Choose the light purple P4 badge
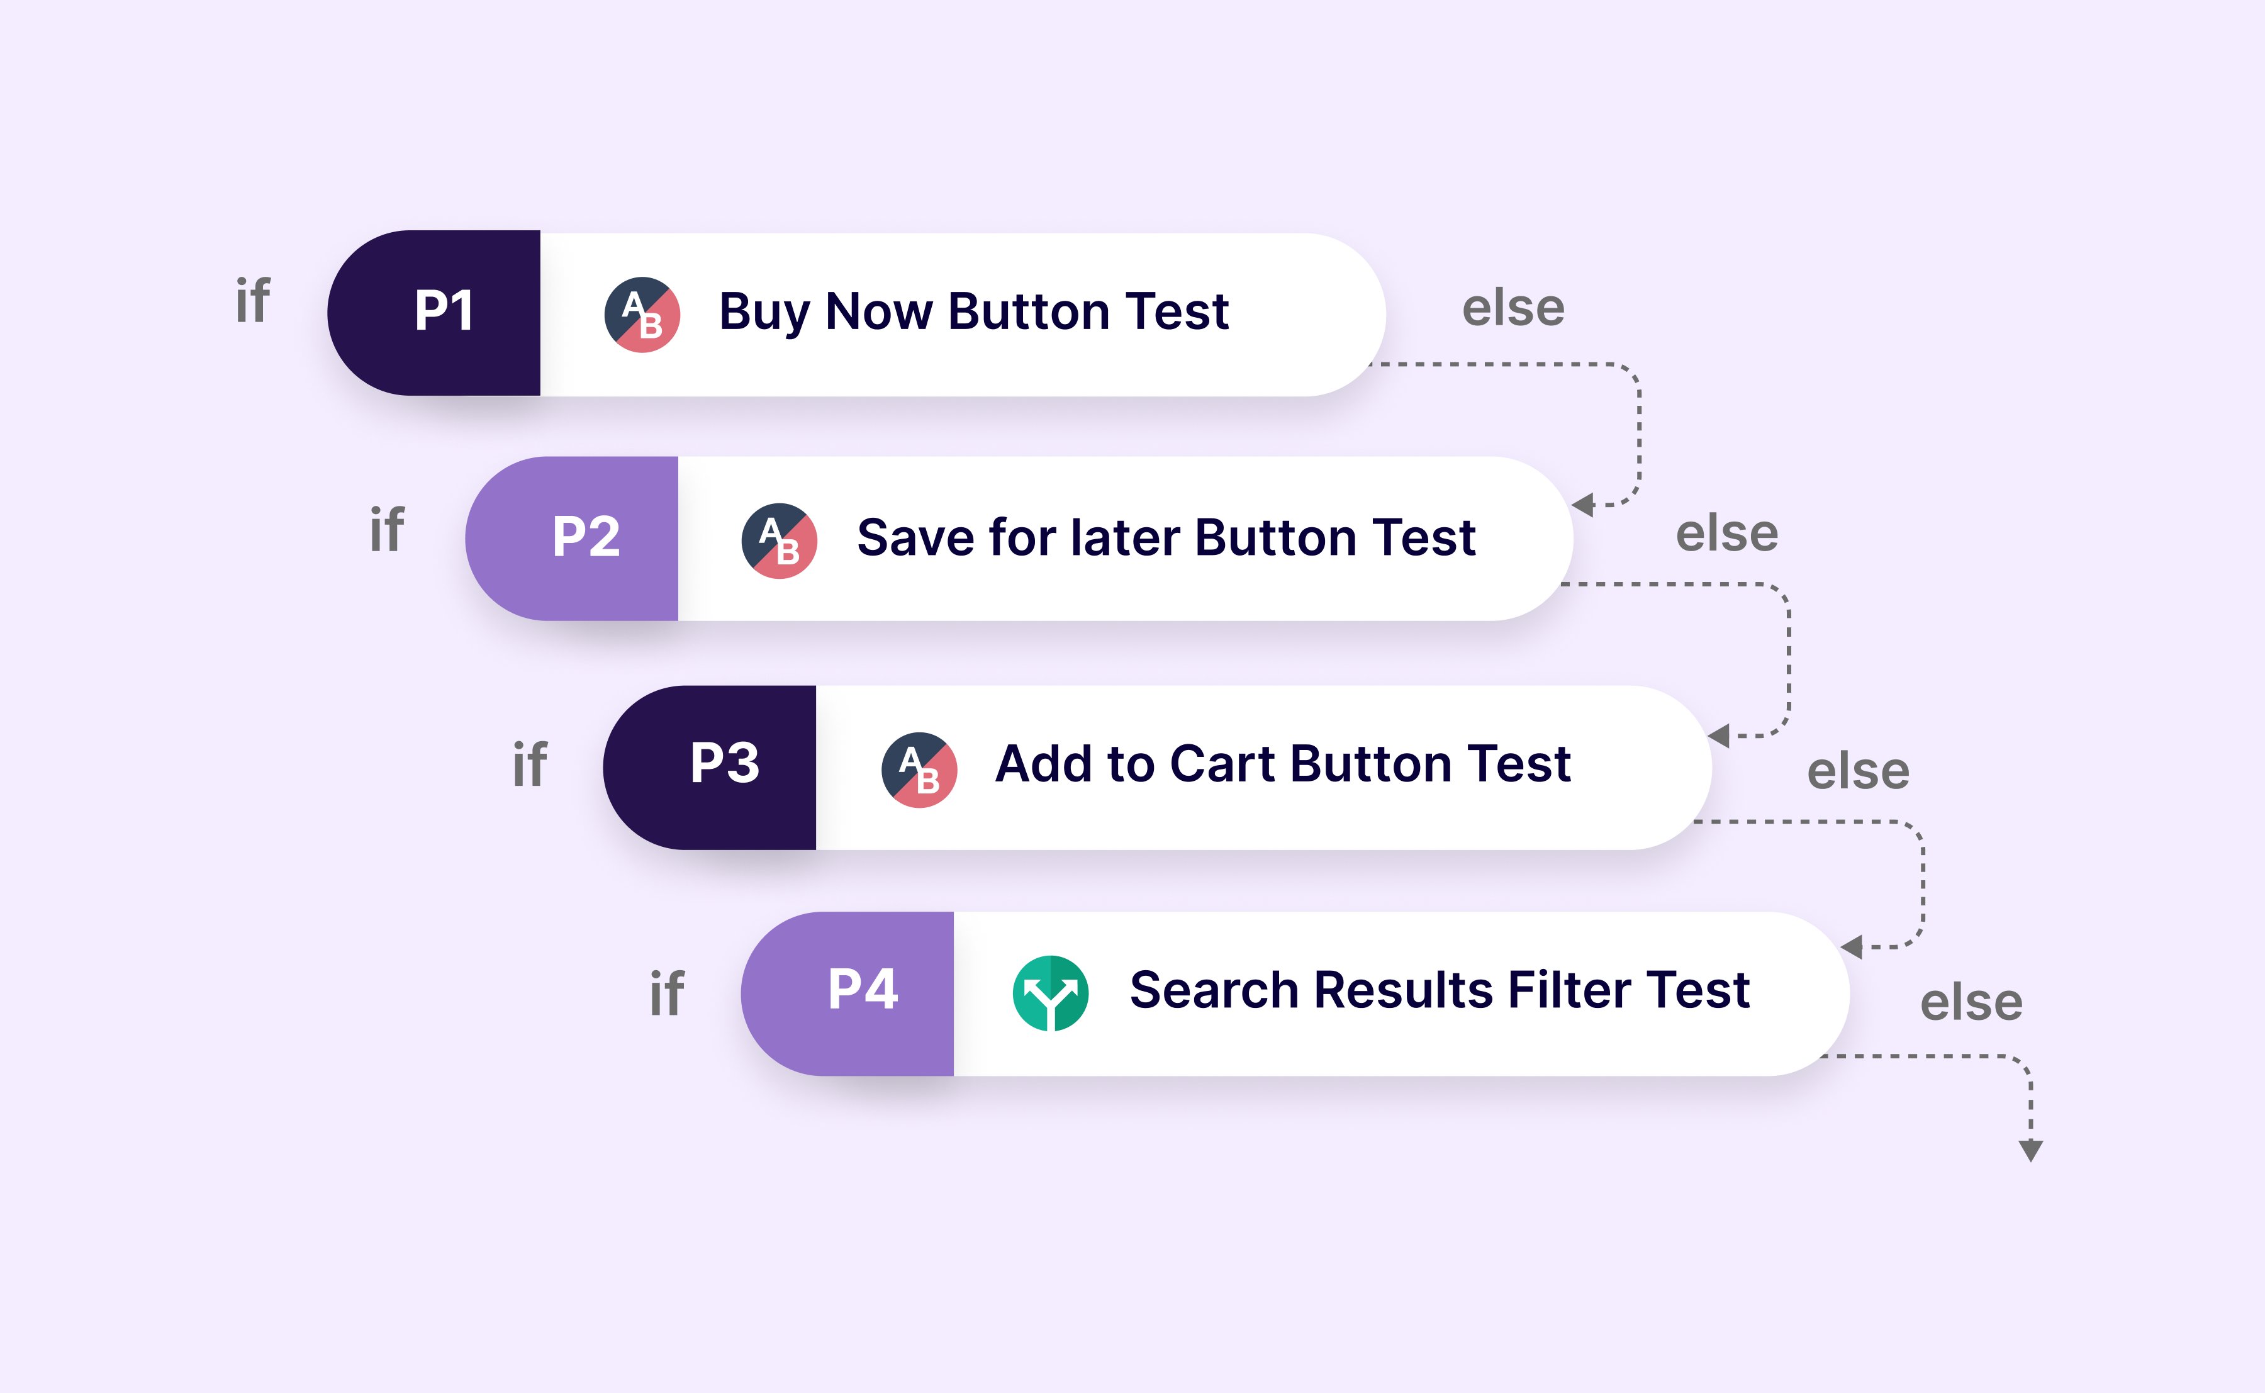click(847, 994)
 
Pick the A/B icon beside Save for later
click(780, 541)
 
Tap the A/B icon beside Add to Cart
click(919, 770)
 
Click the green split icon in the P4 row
click(1051, 993)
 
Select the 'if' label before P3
click(530, 764)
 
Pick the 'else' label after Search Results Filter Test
click(1971, 1002)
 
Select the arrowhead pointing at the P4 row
click(1852, 946)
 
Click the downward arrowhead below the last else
click(2031, 1151)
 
